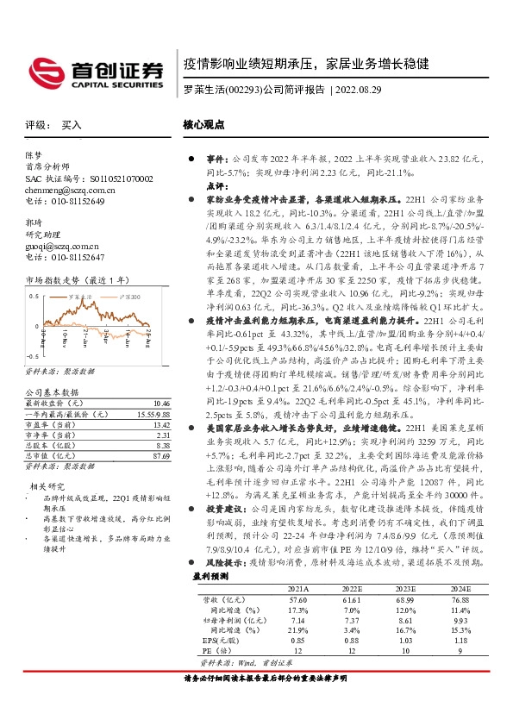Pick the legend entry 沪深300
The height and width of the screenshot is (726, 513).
tap(128, 297)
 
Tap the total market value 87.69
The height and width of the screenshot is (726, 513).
tap(160, 456)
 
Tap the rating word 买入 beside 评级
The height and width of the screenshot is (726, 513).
tap(71, 125)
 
